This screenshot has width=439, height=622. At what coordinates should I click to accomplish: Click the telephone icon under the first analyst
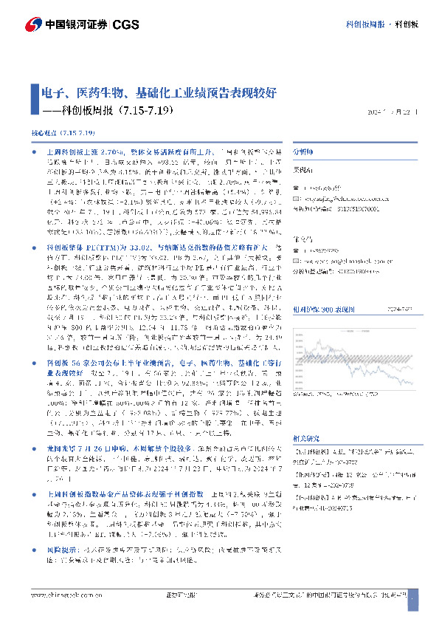tap(296, 188)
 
